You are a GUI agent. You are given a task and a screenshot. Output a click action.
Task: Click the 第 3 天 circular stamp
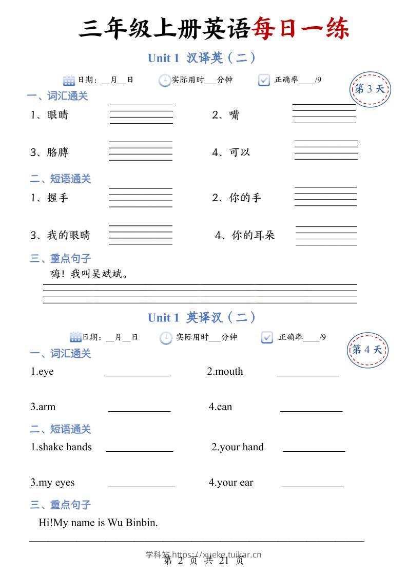(x=370, y=89)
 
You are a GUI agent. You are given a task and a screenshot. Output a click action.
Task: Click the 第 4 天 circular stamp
(x=367, y=350)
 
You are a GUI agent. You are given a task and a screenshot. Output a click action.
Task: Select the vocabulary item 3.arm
(x=43, y=407)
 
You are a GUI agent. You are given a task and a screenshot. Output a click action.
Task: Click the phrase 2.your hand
(x=238, y=447)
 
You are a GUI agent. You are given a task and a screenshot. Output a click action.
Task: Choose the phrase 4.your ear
(x=231, y=483)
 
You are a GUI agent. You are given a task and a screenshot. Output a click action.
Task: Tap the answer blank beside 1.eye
(x=138, y=375)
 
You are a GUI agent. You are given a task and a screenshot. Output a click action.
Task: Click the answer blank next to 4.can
(x=311, y=410)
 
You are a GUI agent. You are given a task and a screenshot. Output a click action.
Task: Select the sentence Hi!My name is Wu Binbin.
(x=98, y=523)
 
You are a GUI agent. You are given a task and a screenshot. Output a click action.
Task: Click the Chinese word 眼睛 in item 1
(x=57, y=115)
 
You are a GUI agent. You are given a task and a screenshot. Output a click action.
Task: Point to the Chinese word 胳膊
(x=57, y=152)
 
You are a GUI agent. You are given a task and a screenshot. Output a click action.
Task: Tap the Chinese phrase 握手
(x=57, y=198)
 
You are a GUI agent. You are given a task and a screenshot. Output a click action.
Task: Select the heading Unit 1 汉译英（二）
(x=202, y=58)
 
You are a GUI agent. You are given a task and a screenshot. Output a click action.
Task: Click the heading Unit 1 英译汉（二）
(x=202, y=318)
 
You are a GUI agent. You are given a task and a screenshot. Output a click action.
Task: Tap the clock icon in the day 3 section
(x=164, y=80)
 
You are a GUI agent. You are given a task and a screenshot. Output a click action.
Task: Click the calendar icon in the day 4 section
(x=75, y=337)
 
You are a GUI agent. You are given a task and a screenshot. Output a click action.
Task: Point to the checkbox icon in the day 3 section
(x=264, y=80)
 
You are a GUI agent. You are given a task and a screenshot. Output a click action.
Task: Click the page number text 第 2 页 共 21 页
(x=203, y=561)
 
